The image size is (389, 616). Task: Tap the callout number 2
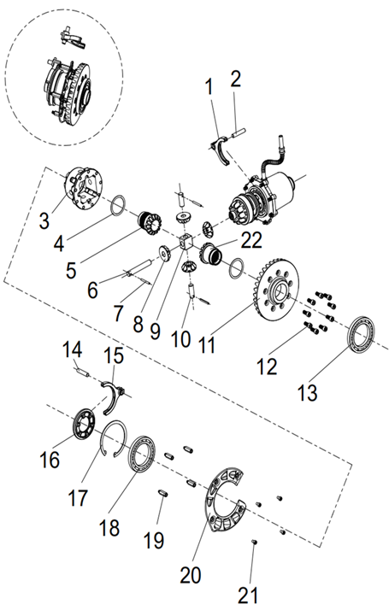[x=236, y=79]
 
